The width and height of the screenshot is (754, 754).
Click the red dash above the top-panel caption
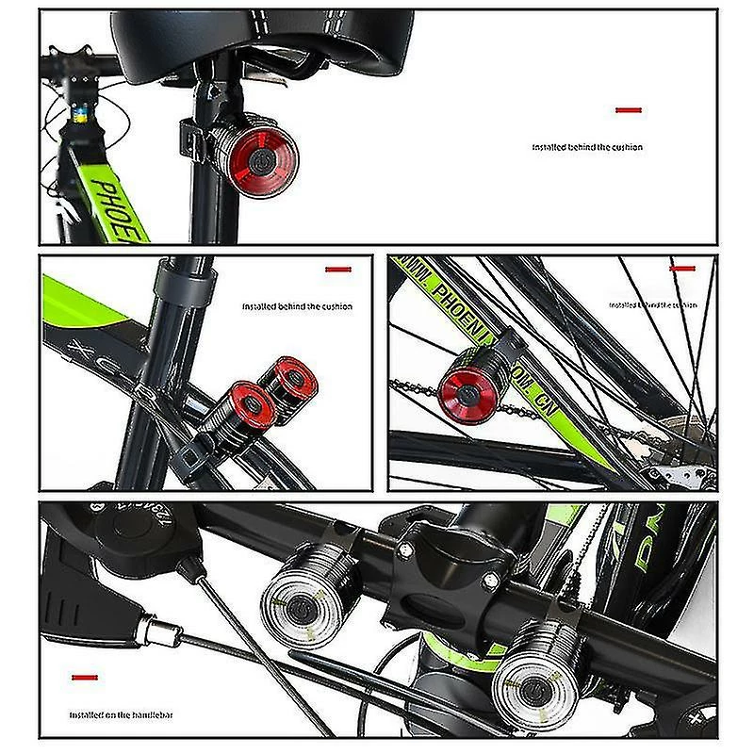point(629,110)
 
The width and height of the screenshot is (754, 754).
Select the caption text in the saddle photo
point(587,147)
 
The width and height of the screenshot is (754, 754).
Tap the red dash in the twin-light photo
point(338,270)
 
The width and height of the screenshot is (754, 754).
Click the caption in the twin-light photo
point(297,306)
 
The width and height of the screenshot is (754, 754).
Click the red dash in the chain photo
point(682,269)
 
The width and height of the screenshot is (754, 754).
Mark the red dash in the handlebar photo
point(86,677)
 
